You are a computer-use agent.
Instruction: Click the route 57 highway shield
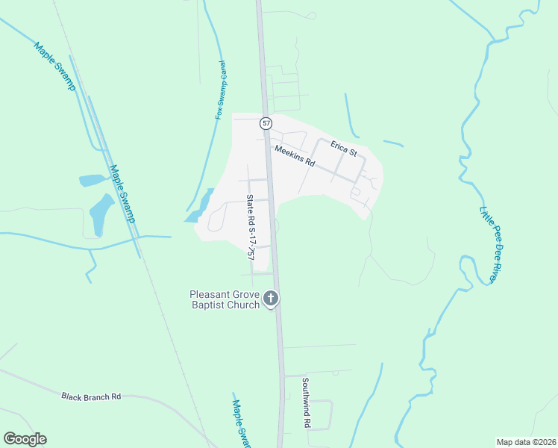coord(266,122)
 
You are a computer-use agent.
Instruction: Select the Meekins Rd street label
coord(295,156)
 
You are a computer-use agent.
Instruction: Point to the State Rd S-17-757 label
coord(251,227)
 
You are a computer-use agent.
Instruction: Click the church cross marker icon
coord(271,299)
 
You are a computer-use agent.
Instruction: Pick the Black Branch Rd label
coord(91,396)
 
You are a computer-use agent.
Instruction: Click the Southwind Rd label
coord(306,402)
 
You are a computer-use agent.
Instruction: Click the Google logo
coord(25,439)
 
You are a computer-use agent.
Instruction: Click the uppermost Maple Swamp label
coord(55,66)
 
